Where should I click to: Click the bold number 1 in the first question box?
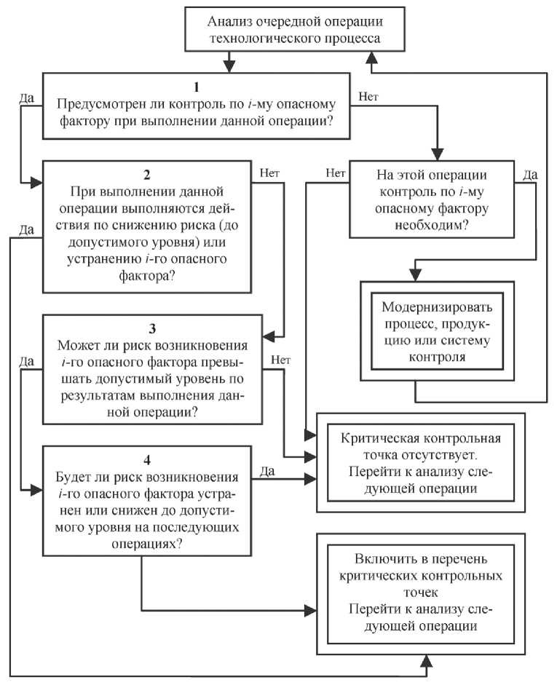194,87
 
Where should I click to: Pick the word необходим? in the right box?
432,225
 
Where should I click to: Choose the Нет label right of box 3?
281,359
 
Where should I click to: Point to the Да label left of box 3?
26,360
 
